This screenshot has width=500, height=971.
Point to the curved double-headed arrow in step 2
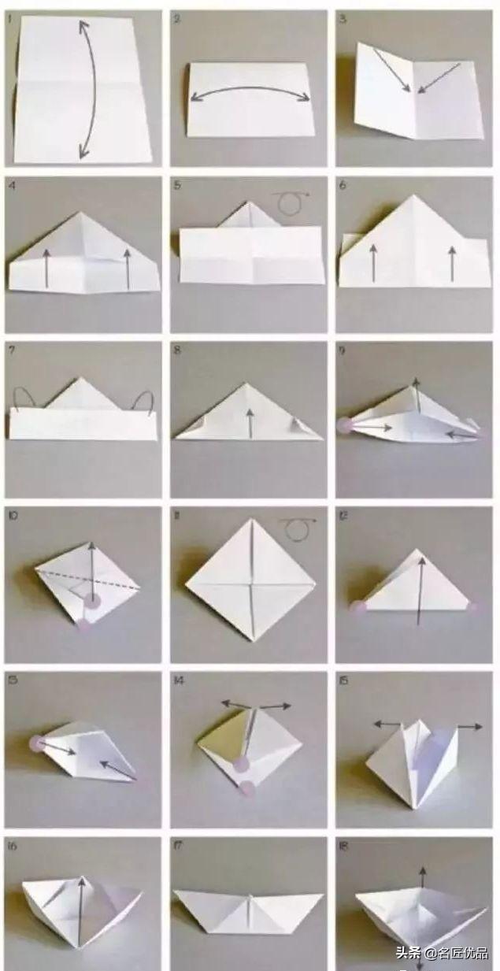(250, 92)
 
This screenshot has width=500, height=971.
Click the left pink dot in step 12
(358, 606)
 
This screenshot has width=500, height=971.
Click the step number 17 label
(178, 847)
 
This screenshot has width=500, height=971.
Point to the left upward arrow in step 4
(46, 268)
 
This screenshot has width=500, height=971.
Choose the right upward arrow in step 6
(451, 263)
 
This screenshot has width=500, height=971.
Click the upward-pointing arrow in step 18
(423, 878)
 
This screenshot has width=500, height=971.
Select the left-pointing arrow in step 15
(387, 723)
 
